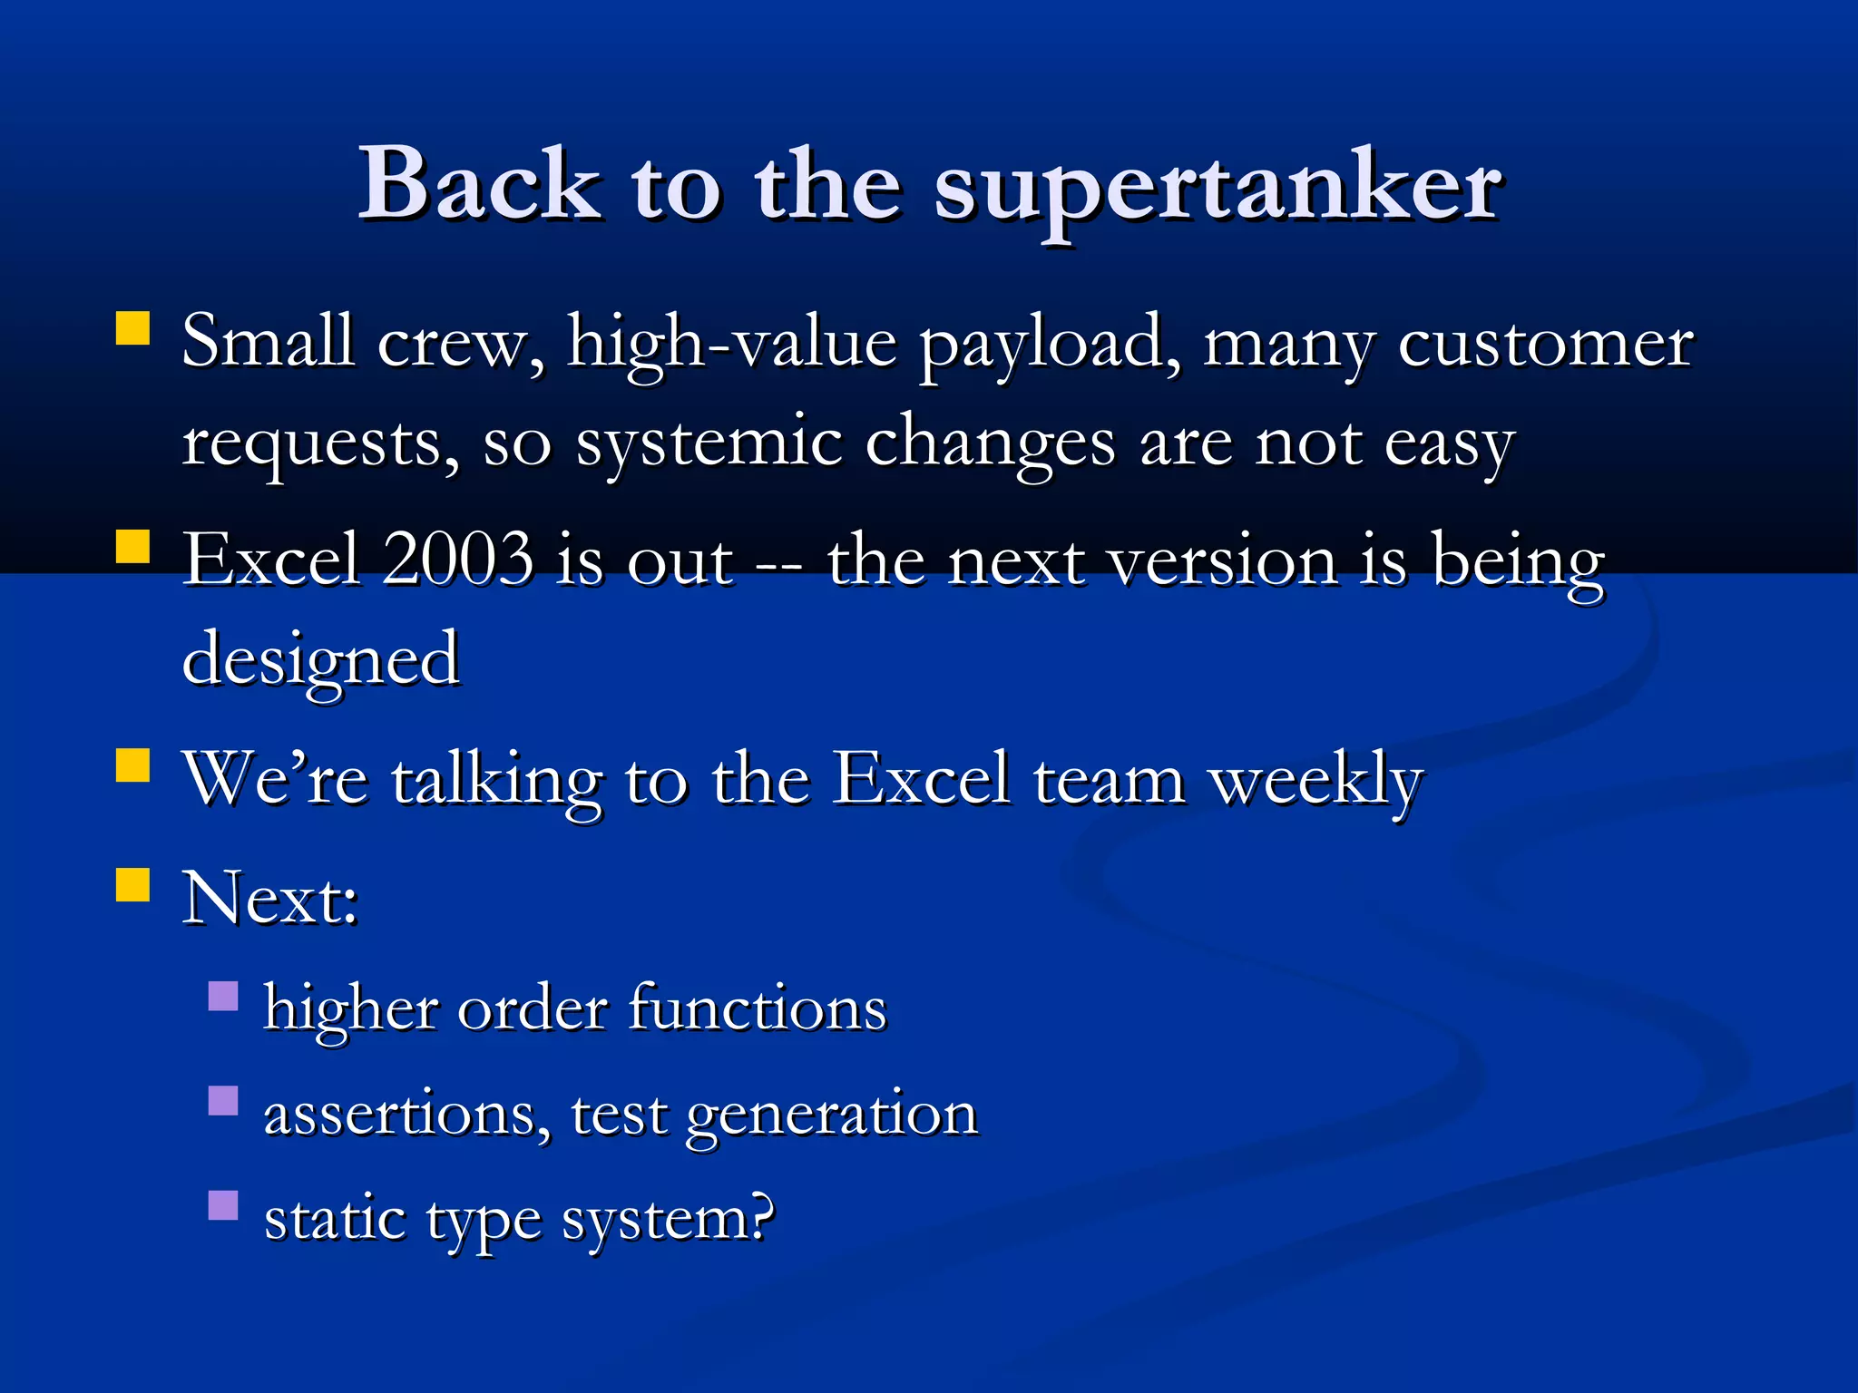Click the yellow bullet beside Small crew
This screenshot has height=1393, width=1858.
pos(132,329)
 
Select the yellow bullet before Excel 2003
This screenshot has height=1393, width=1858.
pos(132,548)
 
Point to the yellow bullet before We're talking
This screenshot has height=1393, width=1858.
pos(132,765)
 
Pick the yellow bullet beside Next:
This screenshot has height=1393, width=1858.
pos(132,884)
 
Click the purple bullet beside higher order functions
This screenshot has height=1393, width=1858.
pos(223,997)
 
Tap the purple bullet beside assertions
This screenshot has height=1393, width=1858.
pos(223,1101)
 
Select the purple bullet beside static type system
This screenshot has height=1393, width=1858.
pos(223,1205)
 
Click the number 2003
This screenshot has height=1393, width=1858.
pos(458,560)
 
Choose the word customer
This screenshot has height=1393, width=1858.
pos(1545,345)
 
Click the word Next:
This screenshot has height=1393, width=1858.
pos(270,900)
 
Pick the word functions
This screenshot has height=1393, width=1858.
pos(758,1008)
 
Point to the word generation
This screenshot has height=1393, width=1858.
pos(831,1115)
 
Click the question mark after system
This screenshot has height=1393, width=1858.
pos(760,1217)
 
